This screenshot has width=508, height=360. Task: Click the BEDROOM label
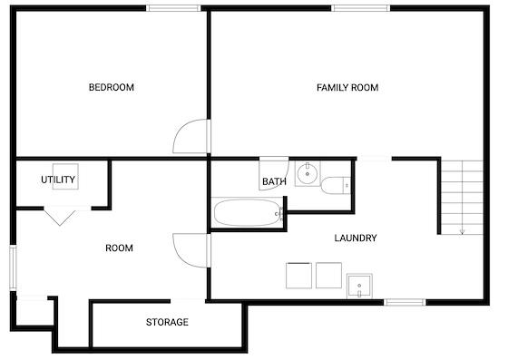click(x=111, y=87)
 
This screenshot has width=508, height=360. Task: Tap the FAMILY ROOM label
click(x=347, y=87)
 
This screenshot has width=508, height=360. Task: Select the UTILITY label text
click(x=58, y=180)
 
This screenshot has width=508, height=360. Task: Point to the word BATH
click(x=274, y=181)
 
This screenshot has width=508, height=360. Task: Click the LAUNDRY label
click(x=356, y=238)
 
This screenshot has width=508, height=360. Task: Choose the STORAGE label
click(x=167, y=322)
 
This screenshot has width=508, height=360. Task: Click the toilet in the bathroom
click(x=336, y=186)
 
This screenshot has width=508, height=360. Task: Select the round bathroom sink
click(x=308, y=174)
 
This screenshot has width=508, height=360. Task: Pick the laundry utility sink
click(x=359, y=287)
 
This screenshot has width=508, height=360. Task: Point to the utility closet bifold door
click(x=60, y=217)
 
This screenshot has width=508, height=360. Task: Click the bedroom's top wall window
click(x=173, y=8)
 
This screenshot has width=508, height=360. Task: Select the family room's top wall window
click(x=361, y=8)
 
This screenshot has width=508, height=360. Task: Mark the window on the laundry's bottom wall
click(x=405, y=302)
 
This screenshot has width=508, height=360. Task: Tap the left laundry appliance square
click(x=298, y=275)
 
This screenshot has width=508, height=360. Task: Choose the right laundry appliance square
click(x=328, y=275)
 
